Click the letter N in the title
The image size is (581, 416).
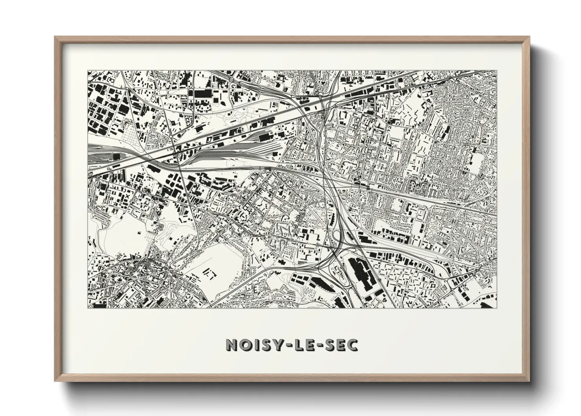(232, 345)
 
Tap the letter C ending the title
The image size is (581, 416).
(352, 345)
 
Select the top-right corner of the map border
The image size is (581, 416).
(497, 71)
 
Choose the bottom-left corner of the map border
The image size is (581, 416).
(88, 307)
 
